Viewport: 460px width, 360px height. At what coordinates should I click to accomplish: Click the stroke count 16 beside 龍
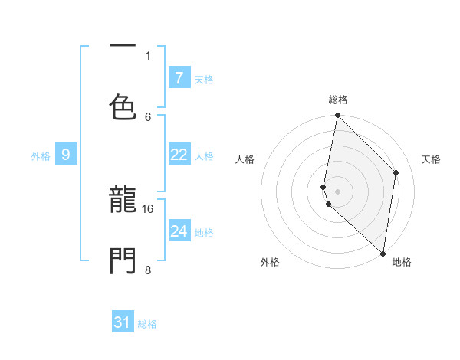pyautogui.click(x=148, y=208)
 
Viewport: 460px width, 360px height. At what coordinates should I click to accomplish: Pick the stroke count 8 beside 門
pyautogui.click(x=148, y=270)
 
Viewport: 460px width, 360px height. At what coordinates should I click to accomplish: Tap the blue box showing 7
pyautogui.click(x=179, y=77)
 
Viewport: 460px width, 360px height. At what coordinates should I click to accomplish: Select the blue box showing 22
pyautogui.click(x=179, y=155)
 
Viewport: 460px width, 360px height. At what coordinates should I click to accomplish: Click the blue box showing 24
pyautogui.click(x=179, y=231)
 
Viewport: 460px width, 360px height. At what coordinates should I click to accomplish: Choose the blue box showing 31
pyautogui.click(x=123, y=322)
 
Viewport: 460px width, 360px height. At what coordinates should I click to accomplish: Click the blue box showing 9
pyautogui.click(x=66, y=155)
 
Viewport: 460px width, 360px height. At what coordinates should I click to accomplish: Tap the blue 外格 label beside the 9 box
pyautogui.click(x=41, y=156)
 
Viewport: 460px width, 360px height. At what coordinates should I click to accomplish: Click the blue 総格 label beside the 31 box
pyautogui.click(x=147, y=324)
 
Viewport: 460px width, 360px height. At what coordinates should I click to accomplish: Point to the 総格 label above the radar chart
pyautogui.click(x=338, y=100)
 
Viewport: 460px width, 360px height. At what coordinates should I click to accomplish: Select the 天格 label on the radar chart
pyautogui.click(x=431, y=159)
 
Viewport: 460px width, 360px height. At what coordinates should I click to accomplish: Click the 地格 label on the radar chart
pyautogui.click(x=402, y=262)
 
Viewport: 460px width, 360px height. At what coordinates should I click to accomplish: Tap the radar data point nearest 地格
pyautogui.click(x=383, y=253)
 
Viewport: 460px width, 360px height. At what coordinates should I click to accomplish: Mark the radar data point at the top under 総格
pyautogui.click(x=337, y=116)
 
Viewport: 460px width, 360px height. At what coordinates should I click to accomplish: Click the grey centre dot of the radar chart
pyautogui.click(x=337, y=191)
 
